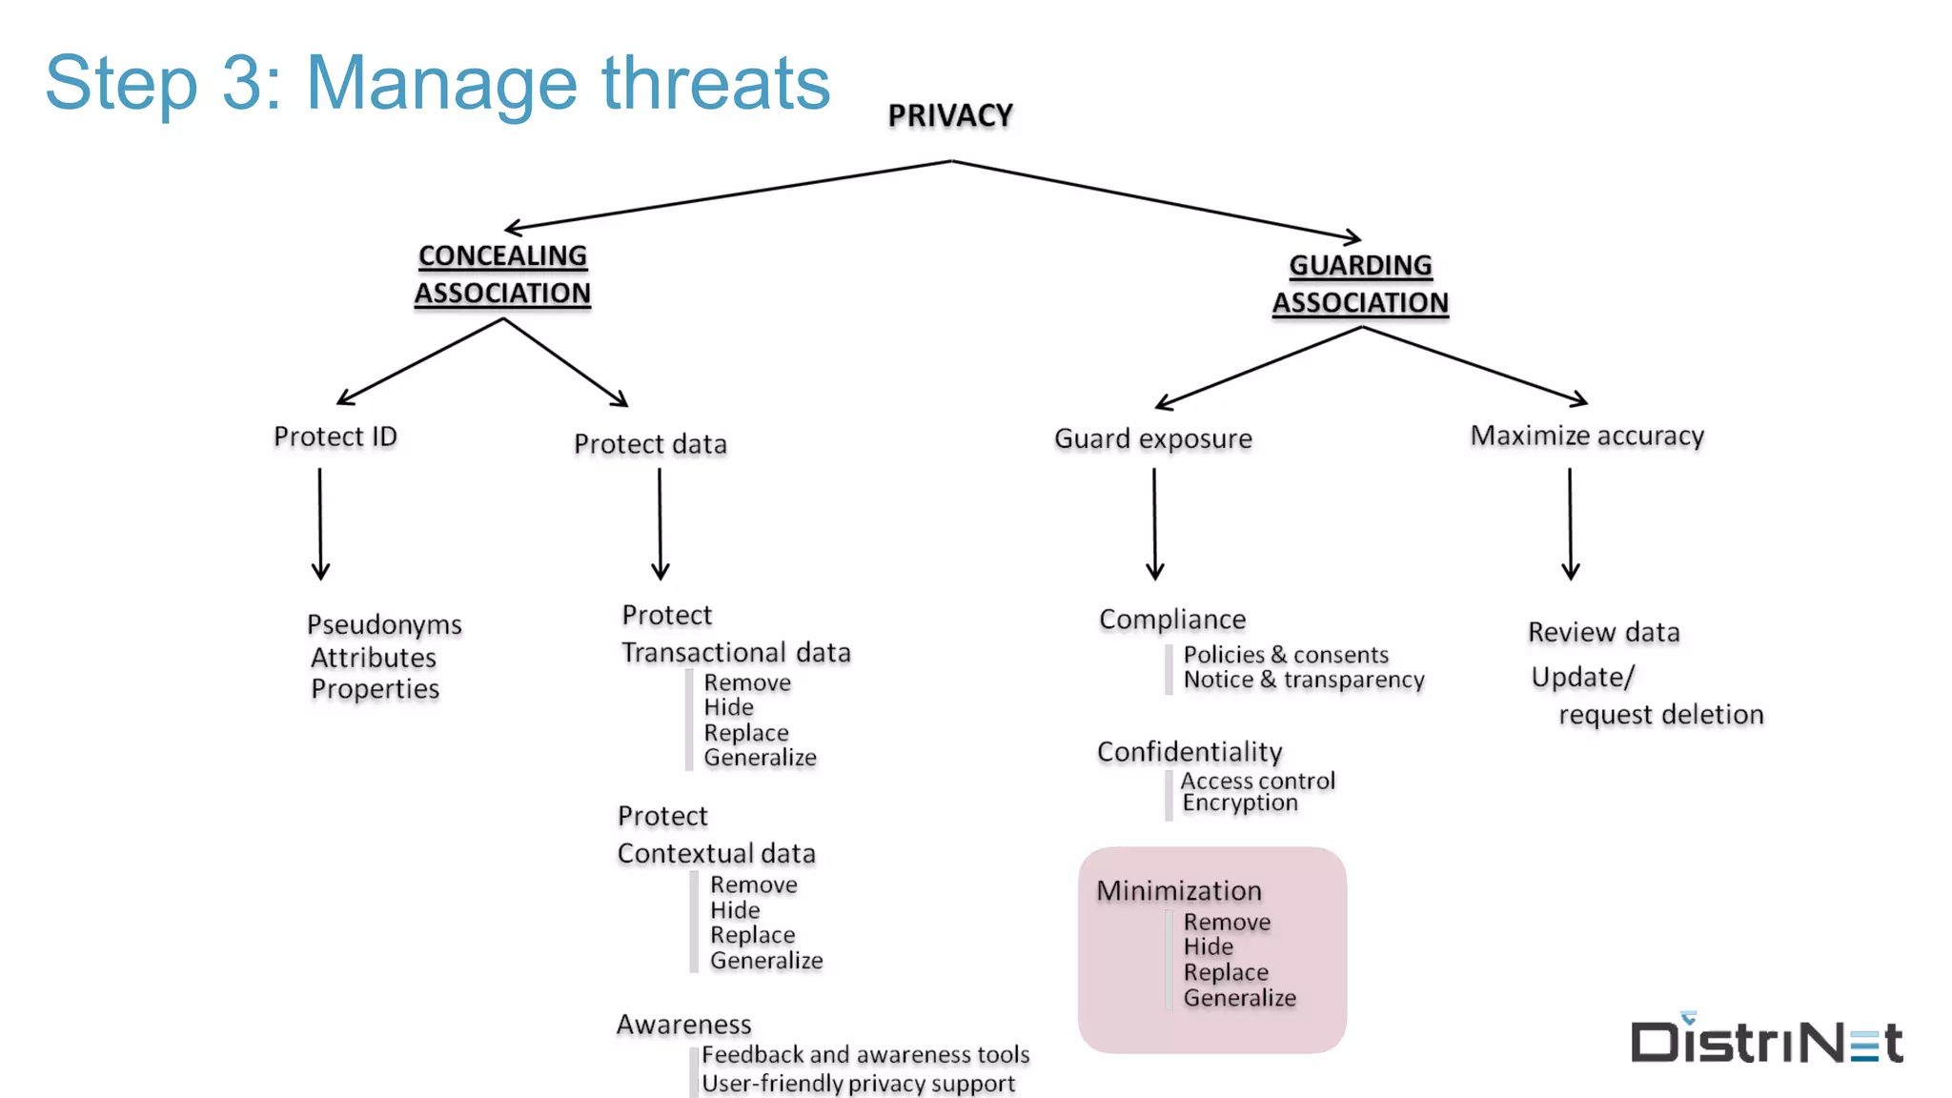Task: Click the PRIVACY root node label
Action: [x=950, y=115]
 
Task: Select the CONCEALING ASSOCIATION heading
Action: [x=502, y=274]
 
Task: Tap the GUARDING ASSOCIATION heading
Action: [x=1360, y=284]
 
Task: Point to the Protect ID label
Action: [x=335, y=437]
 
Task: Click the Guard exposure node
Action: [x=1152, y=438]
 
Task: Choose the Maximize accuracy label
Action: [x=1587, y=436]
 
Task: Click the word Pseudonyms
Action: [x=384, y=624]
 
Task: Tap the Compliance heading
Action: [x=1172, y=620]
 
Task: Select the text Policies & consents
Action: [x=1286, y=655]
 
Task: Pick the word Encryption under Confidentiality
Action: [x=1240, y=803]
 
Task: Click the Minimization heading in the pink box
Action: [x=1179, y=890]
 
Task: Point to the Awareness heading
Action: [x=683, y=1025]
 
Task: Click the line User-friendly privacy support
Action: [x=858, y=1084]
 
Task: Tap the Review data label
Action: [x=1603, y=632]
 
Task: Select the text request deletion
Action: [x=1660, y=715]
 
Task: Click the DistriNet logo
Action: [x=1766, y=1040]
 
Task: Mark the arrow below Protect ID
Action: [x=320, y=524]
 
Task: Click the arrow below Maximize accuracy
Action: [x=1570, y=524]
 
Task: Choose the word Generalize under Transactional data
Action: [x=760, y=758]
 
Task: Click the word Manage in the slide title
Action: [x=441, y=83]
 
